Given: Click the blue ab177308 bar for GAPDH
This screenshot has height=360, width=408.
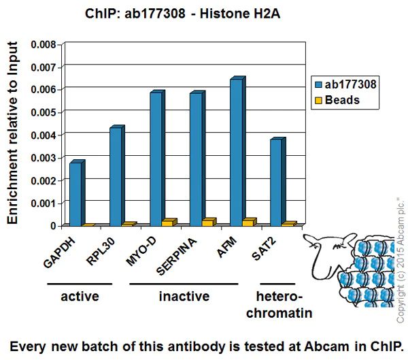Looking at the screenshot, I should point(75,194).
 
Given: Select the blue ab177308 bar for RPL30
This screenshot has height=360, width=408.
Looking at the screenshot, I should point(116,176).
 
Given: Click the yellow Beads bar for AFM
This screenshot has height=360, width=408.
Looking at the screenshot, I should point(249,222).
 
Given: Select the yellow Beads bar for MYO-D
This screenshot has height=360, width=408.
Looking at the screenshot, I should point(169,223).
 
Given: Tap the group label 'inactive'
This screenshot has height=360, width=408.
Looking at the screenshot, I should point(184,297).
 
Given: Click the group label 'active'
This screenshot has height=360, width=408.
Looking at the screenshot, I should point(80,297).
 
